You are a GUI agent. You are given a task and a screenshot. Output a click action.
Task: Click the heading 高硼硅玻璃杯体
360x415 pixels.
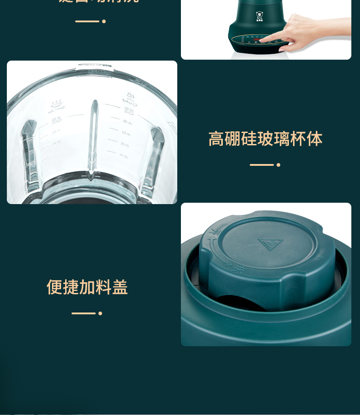[x=265, y=139]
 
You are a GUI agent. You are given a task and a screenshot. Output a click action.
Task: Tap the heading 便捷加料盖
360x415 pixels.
[x=87, y=287]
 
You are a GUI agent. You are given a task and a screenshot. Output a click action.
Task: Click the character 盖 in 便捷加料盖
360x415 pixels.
[x=120, y=287]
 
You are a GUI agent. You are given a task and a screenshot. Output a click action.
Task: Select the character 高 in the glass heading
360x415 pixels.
[x=216, y=139]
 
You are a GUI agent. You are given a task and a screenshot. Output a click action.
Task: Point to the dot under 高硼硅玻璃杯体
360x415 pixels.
[x=278, y=165]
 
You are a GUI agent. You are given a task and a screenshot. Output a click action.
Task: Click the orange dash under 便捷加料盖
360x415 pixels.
[x=83, y=313]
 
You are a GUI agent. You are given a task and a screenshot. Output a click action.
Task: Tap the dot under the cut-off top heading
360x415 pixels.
[x=104, y=21]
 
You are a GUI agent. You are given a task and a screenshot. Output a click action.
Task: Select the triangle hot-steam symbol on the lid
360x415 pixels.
[x=270, y=244]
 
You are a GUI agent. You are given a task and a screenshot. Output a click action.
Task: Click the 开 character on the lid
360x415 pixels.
[x=212, y=236]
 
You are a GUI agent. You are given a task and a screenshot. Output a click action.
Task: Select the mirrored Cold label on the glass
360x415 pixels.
[x=128, y=102]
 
